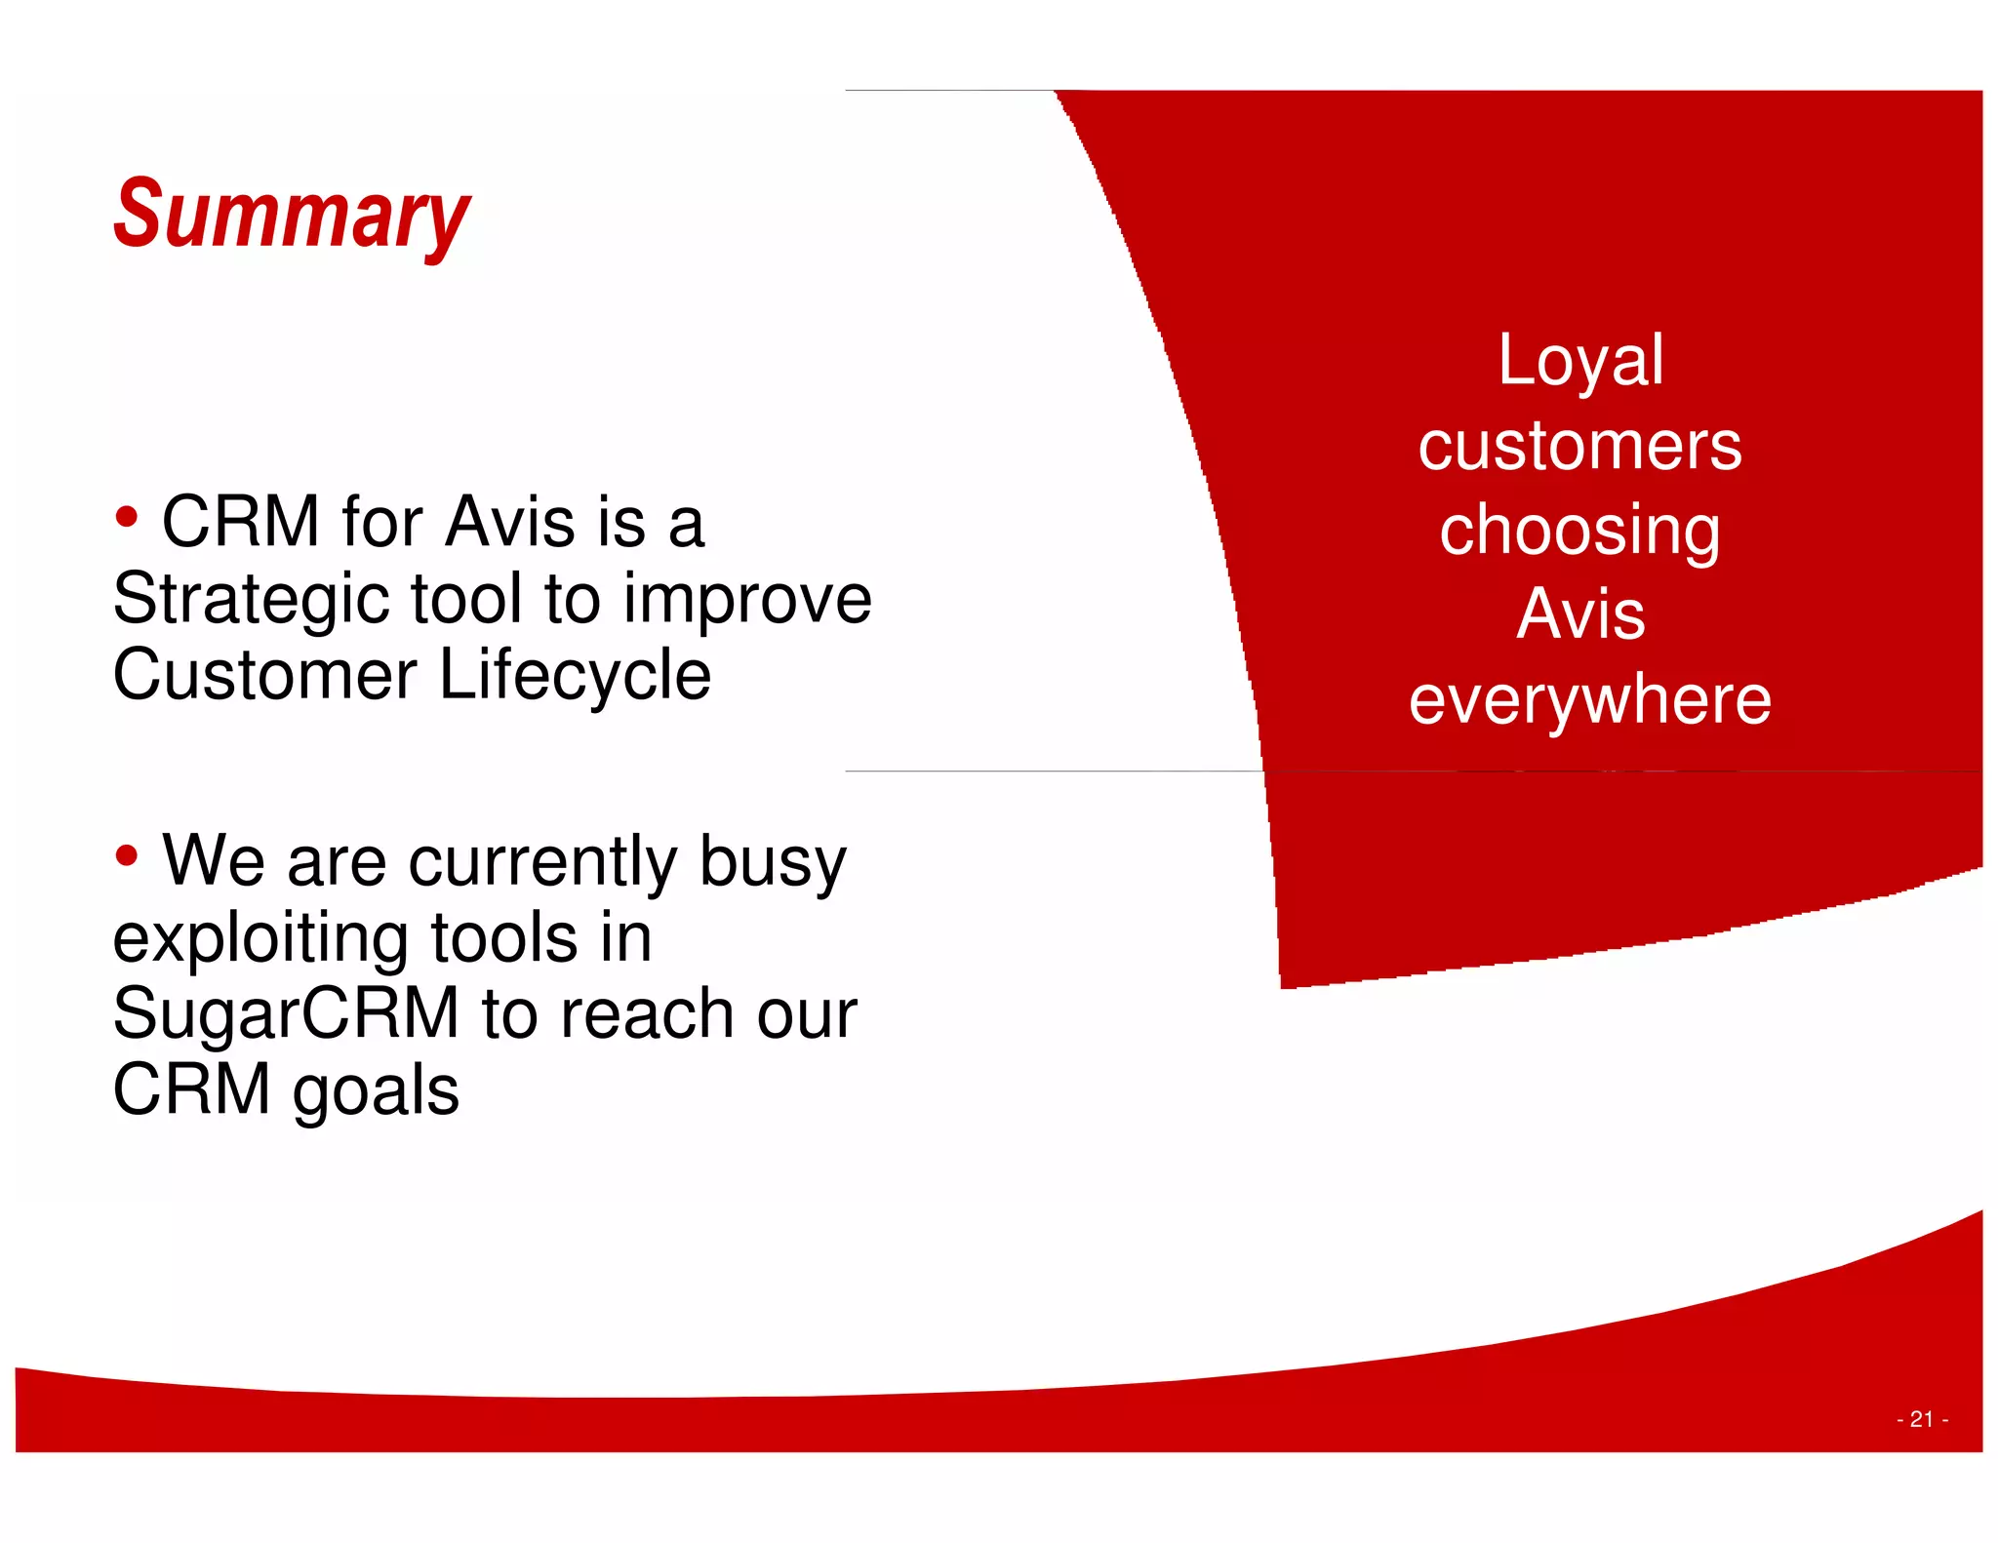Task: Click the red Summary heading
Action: (x=291, y=215)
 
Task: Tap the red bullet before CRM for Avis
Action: (x=126, y=517)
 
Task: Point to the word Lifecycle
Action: (x=575, y=676)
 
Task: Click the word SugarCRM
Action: (x=285, y=1013)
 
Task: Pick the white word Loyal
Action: (x=1580, y=361)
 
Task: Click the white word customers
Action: (x=1579, y=446)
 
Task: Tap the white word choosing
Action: (x=1579, y=532)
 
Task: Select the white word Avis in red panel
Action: (x=1580, y=614)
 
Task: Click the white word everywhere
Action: (x=1589, y=700)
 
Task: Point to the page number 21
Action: (x=1921, y=1419)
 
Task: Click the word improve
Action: (x=747, y=600)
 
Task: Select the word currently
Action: (x=542, y=862)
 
